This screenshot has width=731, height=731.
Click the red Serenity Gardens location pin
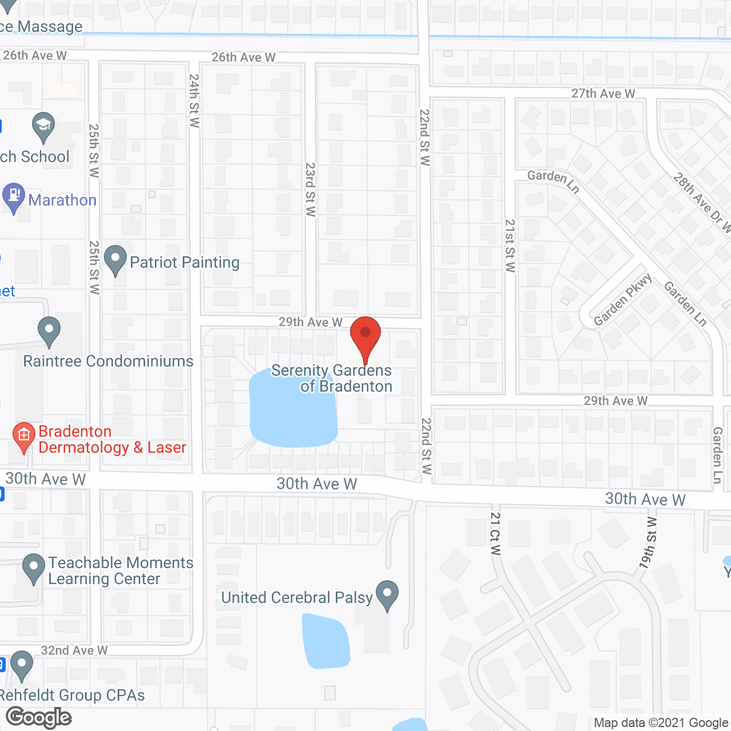click(x=365, y=336)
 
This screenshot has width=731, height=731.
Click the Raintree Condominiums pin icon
click(x=49, y=331)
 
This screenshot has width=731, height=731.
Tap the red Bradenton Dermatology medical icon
click(x=23, y=437)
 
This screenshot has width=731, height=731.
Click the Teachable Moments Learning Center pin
click(x=34, y=568)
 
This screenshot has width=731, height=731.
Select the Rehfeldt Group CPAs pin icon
click(x=22, y=665)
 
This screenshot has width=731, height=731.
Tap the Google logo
click(x=39, y=717)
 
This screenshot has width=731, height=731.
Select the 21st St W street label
click(x=510, y=246)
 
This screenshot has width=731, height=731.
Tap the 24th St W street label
click(x=194, y=101)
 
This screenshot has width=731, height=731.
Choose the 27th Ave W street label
click(x=603, y=94)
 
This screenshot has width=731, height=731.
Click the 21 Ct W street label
click(x=495, y=533)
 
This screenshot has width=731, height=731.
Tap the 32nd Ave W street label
click(x=74, y=650)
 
